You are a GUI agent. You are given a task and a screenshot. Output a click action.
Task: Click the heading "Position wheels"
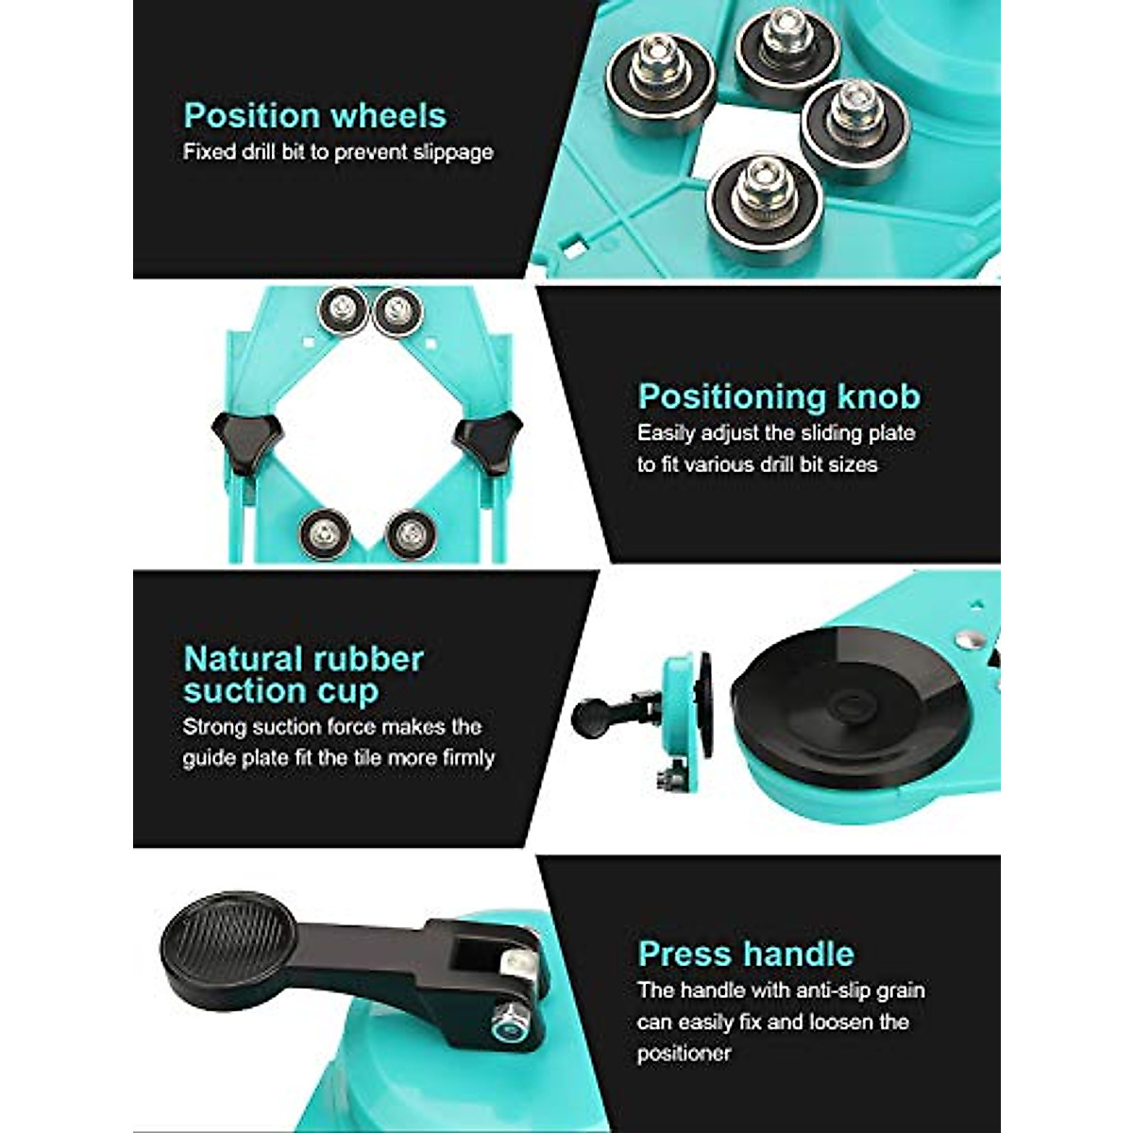(x=314, y=115)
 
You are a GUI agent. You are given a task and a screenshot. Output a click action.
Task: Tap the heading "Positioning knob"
(x=778, y=397)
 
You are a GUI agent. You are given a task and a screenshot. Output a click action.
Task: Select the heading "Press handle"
(x=746, y=954)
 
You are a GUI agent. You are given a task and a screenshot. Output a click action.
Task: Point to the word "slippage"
(x=452, y=152)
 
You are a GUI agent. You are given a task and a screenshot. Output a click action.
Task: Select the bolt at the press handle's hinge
(x=509, y=1020)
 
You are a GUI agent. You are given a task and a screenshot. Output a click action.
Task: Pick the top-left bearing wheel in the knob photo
(x=342, y=310)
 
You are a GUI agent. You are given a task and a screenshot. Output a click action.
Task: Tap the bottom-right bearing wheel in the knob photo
(x=411, y=534)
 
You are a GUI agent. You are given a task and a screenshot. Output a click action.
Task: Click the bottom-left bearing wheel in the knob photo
(x=326, y=533)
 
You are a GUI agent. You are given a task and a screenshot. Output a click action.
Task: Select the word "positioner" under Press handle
(x=684, y=1053)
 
